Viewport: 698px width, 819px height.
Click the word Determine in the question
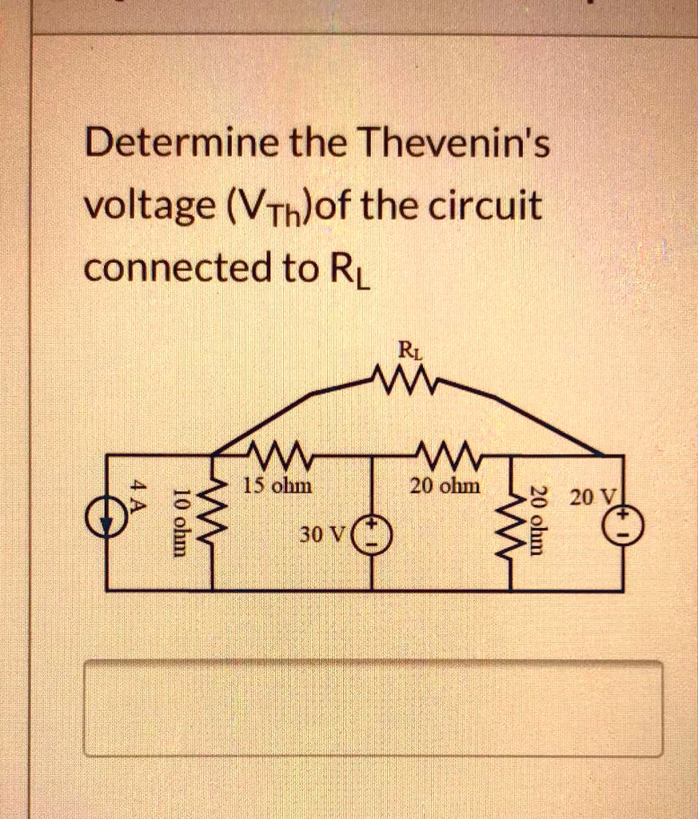[x=182, y=144]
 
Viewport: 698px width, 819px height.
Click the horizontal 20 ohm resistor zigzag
[x=445, y=455]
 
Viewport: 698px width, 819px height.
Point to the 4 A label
[x=139, y=496]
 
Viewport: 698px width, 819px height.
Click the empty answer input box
[x=373, y=708]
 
